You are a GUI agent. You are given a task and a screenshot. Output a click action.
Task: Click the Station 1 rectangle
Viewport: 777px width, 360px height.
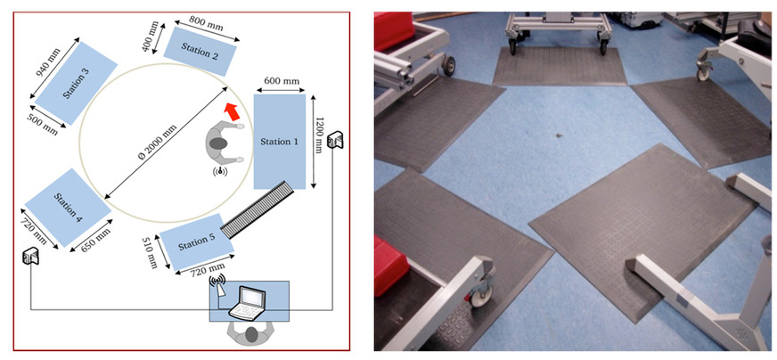(280, 142)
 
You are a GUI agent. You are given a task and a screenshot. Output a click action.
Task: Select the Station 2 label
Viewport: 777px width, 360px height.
(200, 51)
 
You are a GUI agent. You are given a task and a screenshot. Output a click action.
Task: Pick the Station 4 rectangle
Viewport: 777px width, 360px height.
(68, 208)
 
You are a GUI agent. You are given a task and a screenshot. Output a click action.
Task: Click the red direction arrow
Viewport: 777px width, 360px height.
(232, 111)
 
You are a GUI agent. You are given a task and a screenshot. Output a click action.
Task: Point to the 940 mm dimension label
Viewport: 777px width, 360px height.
(48, 63)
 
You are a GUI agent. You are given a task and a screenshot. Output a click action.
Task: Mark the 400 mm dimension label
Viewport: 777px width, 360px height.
(149, 40)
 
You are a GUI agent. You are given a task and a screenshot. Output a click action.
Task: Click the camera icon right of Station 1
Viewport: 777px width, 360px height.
(337, 139)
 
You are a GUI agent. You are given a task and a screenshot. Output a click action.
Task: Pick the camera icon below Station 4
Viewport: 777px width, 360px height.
(29, 256)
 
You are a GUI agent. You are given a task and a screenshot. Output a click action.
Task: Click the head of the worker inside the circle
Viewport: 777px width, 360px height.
(218, 143)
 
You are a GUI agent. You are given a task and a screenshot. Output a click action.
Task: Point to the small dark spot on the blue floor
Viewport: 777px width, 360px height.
(559, 135)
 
